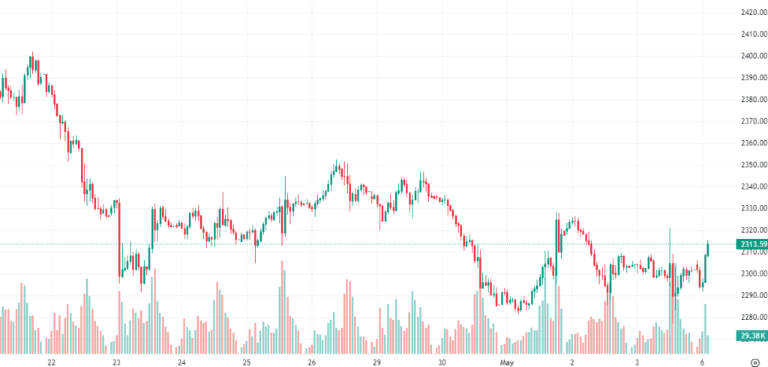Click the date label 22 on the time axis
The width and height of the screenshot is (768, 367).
coord(51,361)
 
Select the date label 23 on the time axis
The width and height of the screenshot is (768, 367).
coord(116,361)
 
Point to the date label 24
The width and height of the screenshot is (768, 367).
coord(181,361)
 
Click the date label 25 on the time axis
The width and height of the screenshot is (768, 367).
coord(247,361)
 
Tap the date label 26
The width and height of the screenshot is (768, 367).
coord(312,361)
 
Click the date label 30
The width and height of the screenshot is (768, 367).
coord(442,361)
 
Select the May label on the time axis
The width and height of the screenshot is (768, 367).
coord(508,361)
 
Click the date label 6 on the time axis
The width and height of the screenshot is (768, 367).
coord(702,361)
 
